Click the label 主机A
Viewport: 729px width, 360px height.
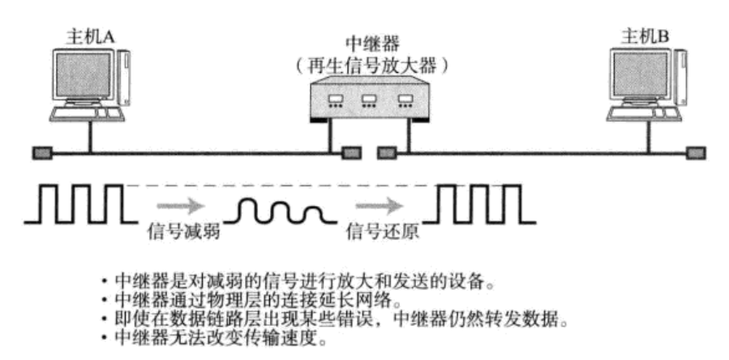pos(90,35)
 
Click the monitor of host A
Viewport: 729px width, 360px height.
pos(81,76)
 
